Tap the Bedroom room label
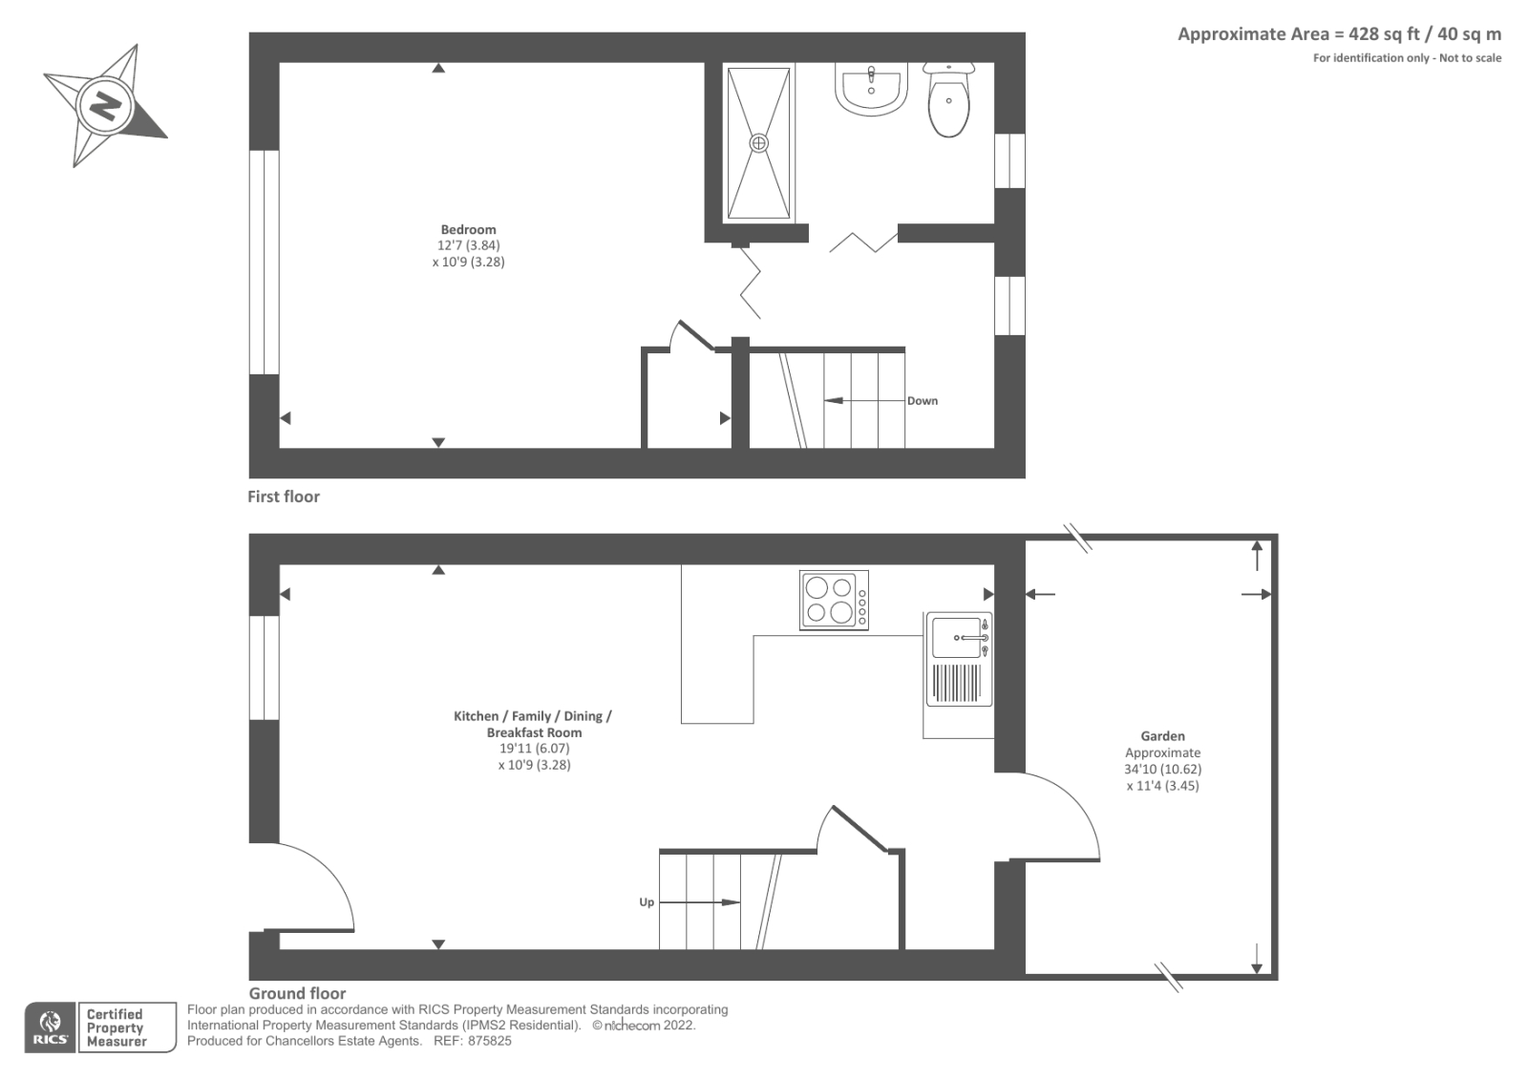coord(468,229)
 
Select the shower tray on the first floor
coord(758,143)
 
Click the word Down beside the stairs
coord(923,401)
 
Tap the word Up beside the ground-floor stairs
coord(647,902)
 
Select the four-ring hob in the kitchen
coord(834,600)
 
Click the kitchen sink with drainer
coord(958,660)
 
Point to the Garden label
coord(1162,736)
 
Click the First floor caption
coord(284,497)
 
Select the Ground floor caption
coord(297,993)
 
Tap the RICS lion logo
coord(50,1027)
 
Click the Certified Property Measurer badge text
coord(116,1027)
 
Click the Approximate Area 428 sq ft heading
coord(1339,34)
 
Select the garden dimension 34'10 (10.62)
coord(1162,769)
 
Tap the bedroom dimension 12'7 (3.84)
coord(468,245)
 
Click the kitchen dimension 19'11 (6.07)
coord(534,749)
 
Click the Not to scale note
coord(1470,58)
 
